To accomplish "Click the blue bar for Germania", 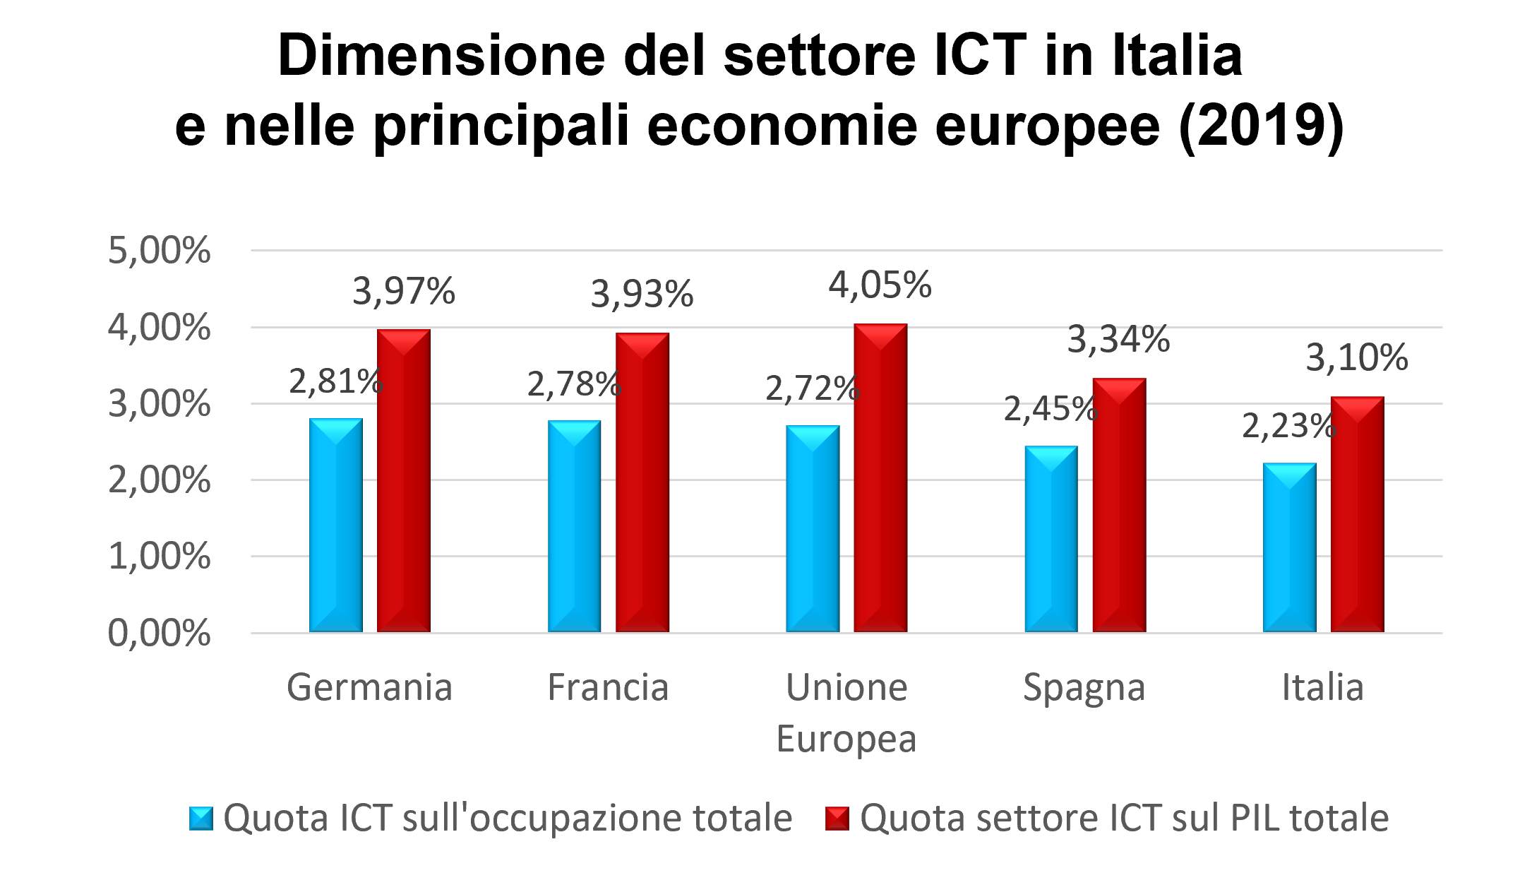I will pos(336,525).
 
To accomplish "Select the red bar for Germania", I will pos(404,481).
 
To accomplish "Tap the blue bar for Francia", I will pos(574,526).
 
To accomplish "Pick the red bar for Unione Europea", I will pos(880,478).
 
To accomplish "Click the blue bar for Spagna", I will pos(1051,539).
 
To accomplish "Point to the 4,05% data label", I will pos(880,285).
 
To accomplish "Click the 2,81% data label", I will pos(335,381).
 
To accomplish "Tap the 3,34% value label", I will pos(1118,339).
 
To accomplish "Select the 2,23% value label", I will pos(1288,426).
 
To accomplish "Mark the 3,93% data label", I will pos(642,294).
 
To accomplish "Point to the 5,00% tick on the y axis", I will pos(159,251).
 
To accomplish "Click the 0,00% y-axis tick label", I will pos(159,634).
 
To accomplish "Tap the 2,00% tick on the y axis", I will pos(159,481).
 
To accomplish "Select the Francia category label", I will pos(608,687).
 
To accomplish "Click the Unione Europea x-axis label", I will pos(846,713).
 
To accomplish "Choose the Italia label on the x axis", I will pos(1322,687).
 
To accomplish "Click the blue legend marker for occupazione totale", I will pos(201,819).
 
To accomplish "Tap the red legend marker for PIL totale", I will pos(838,819).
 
